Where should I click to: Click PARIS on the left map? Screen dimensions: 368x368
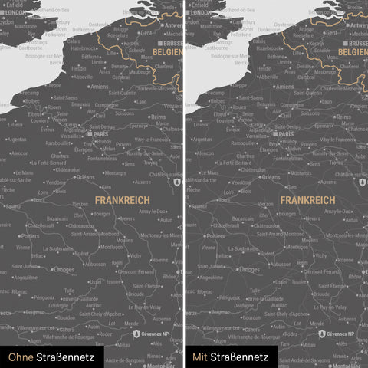coord(99,134)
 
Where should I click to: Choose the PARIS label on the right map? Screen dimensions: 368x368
coord(285,134)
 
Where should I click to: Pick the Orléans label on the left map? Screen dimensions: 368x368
coord(86,177)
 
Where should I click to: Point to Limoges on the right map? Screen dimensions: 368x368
coord(249,270)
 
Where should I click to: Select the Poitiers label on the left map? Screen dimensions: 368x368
coord(31,237)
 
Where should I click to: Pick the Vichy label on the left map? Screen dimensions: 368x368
coord(136,255)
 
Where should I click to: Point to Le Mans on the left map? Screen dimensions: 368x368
coord(24,172)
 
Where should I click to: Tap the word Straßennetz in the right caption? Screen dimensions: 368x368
coord(240,356)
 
